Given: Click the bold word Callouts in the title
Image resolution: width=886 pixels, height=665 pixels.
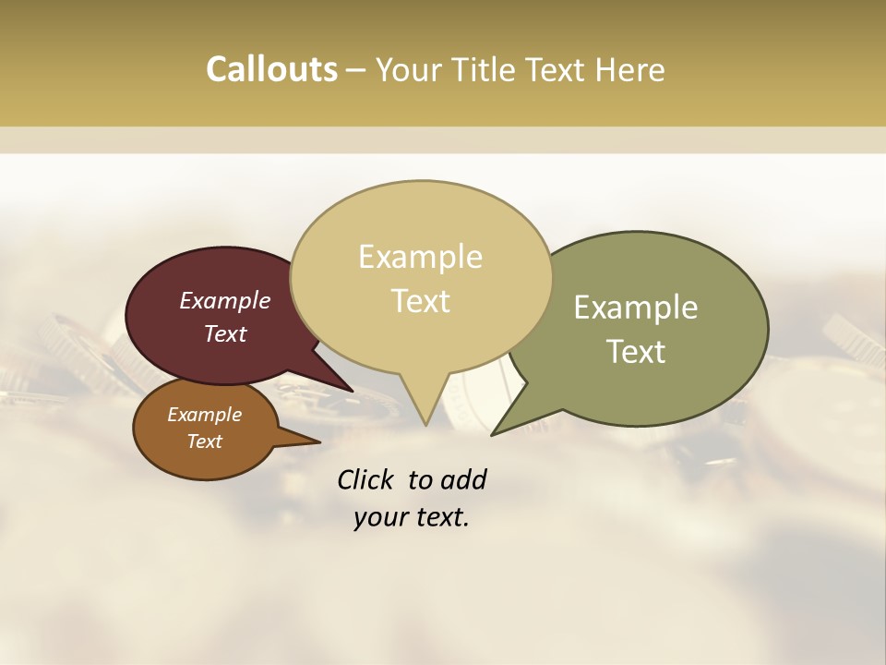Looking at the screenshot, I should [271, 69].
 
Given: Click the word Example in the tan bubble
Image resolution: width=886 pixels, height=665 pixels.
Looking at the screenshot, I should [420, 257].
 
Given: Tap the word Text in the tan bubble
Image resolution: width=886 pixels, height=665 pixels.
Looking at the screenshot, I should [420, 301].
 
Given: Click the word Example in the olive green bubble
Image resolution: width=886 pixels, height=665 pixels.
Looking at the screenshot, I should [635, 308].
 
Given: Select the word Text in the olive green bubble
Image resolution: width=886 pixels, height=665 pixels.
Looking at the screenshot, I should [635, 352].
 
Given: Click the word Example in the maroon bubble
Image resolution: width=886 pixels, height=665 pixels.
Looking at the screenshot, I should [224, 300].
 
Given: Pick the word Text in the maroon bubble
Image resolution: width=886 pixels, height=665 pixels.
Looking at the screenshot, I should [224, 333].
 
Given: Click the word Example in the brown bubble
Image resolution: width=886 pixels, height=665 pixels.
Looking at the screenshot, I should [204, 415].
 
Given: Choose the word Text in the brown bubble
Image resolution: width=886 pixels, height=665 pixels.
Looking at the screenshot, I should [204, 441].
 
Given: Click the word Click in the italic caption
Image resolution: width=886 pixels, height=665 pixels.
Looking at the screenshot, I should [365, 479].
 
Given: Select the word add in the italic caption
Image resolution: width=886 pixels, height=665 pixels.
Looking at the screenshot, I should [463, 479].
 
